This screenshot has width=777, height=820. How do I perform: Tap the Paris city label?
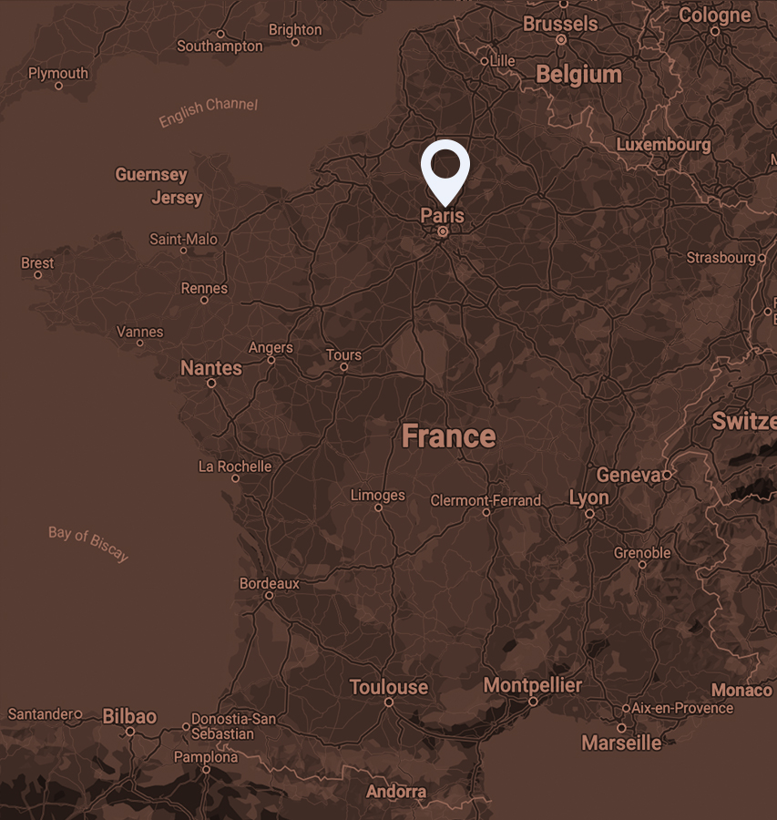click(442, 216)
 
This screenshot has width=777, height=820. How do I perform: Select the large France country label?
click(448, 436)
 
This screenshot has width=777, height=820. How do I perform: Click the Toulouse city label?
click(388, 687)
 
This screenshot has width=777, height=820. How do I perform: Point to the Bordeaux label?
click(269, 583)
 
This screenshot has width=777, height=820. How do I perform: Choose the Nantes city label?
click(211, 368)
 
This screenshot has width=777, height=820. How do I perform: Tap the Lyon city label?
click(588, 497)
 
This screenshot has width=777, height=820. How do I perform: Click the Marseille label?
click(621, 743)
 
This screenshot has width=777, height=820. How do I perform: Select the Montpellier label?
click(532, 684)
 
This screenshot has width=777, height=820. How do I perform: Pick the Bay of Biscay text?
click(88, 543)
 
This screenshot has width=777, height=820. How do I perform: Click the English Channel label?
click(208, 112)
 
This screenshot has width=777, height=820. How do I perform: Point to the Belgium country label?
click(578, 75)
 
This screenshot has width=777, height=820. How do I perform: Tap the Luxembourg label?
click(663, 145)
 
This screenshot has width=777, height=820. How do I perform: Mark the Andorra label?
click(396, 791)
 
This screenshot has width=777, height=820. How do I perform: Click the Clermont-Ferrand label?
click(486, 500)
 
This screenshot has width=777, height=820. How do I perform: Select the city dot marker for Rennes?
click(204, 300)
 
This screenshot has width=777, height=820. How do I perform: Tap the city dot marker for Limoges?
click(378, 507)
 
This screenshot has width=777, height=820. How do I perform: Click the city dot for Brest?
click(37, 274)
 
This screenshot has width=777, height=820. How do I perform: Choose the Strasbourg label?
click(721, 258)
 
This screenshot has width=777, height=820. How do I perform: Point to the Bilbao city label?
click(129, 716)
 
